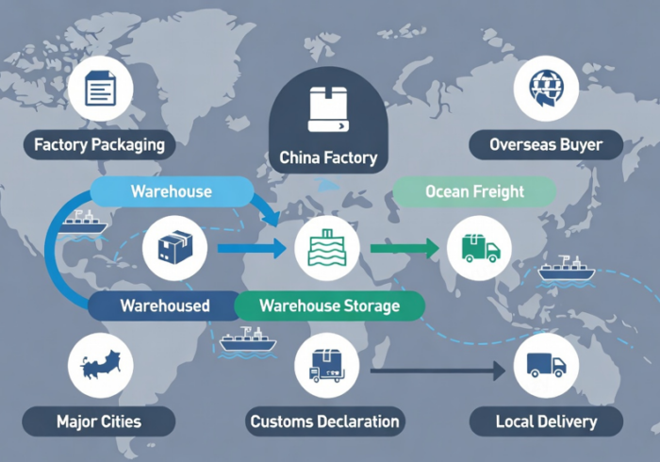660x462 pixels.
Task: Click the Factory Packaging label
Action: (99, 145)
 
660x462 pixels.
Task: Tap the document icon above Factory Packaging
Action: (100, 89)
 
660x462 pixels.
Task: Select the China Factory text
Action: (328, 157)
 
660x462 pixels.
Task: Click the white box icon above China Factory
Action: (328, 109)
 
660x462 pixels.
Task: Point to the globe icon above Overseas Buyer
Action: (546, 89)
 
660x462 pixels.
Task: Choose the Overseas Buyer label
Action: (546, 145)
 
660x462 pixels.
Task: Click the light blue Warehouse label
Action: (172, 191)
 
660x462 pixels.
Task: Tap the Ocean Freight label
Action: (474, 191)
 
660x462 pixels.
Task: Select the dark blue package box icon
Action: (175, 248)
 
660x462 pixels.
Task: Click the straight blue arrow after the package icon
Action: (252, 248)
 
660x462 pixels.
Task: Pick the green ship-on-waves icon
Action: (327, 248)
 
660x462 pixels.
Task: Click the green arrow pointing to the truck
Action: (404, 248)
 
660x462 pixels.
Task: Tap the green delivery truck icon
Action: (480, 248)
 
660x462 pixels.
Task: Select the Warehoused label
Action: (165, 305)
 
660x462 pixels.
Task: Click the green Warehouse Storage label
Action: (330, 305)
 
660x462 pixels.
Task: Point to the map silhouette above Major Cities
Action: (101, 364)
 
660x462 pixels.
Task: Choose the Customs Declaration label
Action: (325, 421)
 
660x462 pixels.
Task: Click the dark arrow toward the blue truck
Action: (437, 371)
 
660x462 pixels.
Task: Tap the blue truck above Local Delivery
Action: (546, 365)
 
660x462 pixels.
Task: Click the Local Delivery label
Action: (546, 421)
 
